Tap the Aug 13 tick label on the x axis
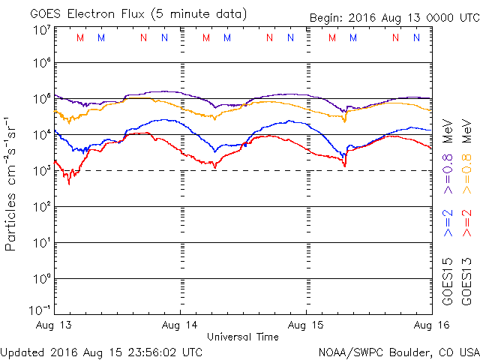pyautogui.click(x=55, y=324)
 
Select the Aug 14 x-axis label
pyautogui.click(x=181, y=324)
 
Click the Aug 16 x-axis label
pyautogui.click(x=430, y=324)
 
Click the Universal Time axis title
pyautogui.click(x=242, y=337)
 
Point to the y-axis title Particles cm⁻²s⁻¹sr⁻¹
pyautogui.click(x=13, y=183)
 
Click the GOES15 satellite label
pyautogui.click(x=448, y=281)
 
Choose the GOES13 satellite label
pyautogui.click(x=466, y=281)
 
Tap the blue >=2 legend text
pyautogui.click(x=448, y=223)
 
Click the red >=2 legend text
pyautogui.click(x=466, y=223)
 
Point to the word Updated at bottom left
pyautogui.click(x=23, y=352)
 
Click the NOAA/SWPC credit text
pyautogui.click(x=352, y=352)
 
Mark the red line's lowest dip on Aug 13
pyautogui.click(x=69, y=183)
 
